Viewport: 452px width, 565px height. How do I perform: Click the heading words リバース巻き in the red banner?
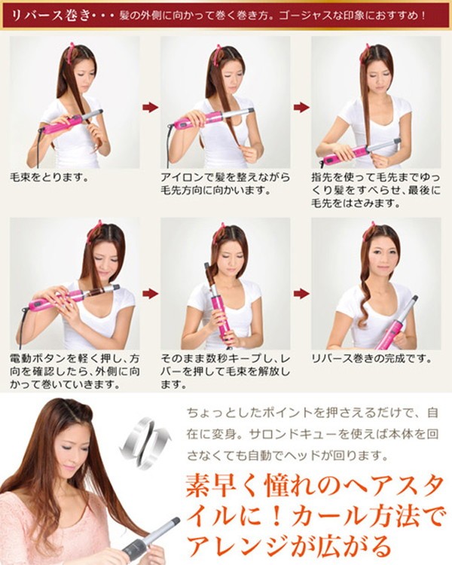pos(50,16)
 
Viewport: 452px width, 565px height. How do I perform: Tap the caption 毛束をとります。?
pos(50,177)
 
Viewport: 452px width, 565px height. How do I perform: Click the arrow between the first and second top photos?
pos(150,107)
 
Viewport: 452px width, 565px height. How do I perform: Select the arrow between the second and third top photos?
pos(301,107)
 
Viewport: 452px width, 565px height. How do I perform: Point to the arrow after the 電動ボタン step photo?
pos(150,294)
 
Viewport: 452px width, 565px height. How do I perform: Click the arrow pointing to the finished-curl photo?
pos(301,294)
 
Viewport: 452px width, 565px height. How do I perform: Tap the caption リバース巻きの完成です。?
pos(371,359)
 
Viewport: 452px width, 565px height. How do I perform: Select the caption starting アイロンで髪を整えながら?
pos(225,184)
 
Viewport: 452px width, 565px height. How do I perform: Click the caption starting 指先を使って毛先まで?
pos(376,191)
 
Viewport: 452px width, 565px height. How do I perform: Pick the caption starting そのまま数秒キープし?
pos(225,371)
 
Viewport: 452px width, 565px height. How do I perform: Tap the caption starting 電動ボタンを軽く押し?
pos(75,371)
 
